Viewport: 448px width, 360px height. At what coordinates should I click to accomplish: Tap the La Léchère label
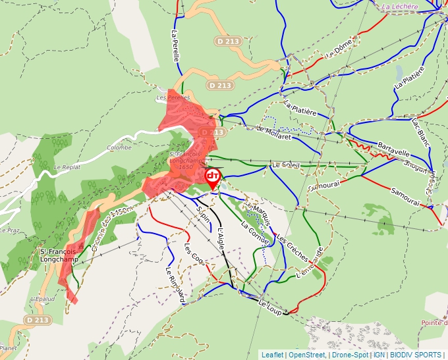coord(399,7)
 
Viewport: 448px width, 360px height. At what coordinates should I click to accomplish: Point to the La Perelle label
coord(175,45)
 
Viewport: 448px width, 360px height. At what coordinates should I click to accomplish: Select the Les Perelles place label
coord(173,97)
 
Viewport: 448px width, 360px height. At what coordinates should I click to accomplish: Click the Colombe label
coord(119,147)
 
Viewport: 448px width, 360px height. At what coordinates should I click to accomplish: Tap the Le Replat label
coord(67,167)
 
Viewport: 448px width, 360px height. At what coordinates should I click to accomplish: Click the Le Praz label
coord(10,230)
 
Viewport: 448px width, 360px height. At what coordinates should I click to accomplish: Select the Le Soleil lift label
coord(285,165)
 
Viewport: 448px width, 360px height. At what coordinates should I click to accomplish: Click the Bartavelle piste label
coord(394,145)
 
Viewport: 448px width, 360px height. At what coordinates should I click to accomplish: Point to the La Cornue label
coord(254,233)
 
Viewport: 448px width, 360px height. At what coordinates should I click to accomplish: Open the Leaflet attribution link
coord(272,355)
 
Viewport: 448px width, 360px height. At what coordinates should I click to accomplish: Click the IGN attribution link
coord(379,355)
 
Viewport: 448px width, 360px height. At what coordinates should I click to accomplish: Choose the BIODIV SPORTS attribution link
coord(415,355)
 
